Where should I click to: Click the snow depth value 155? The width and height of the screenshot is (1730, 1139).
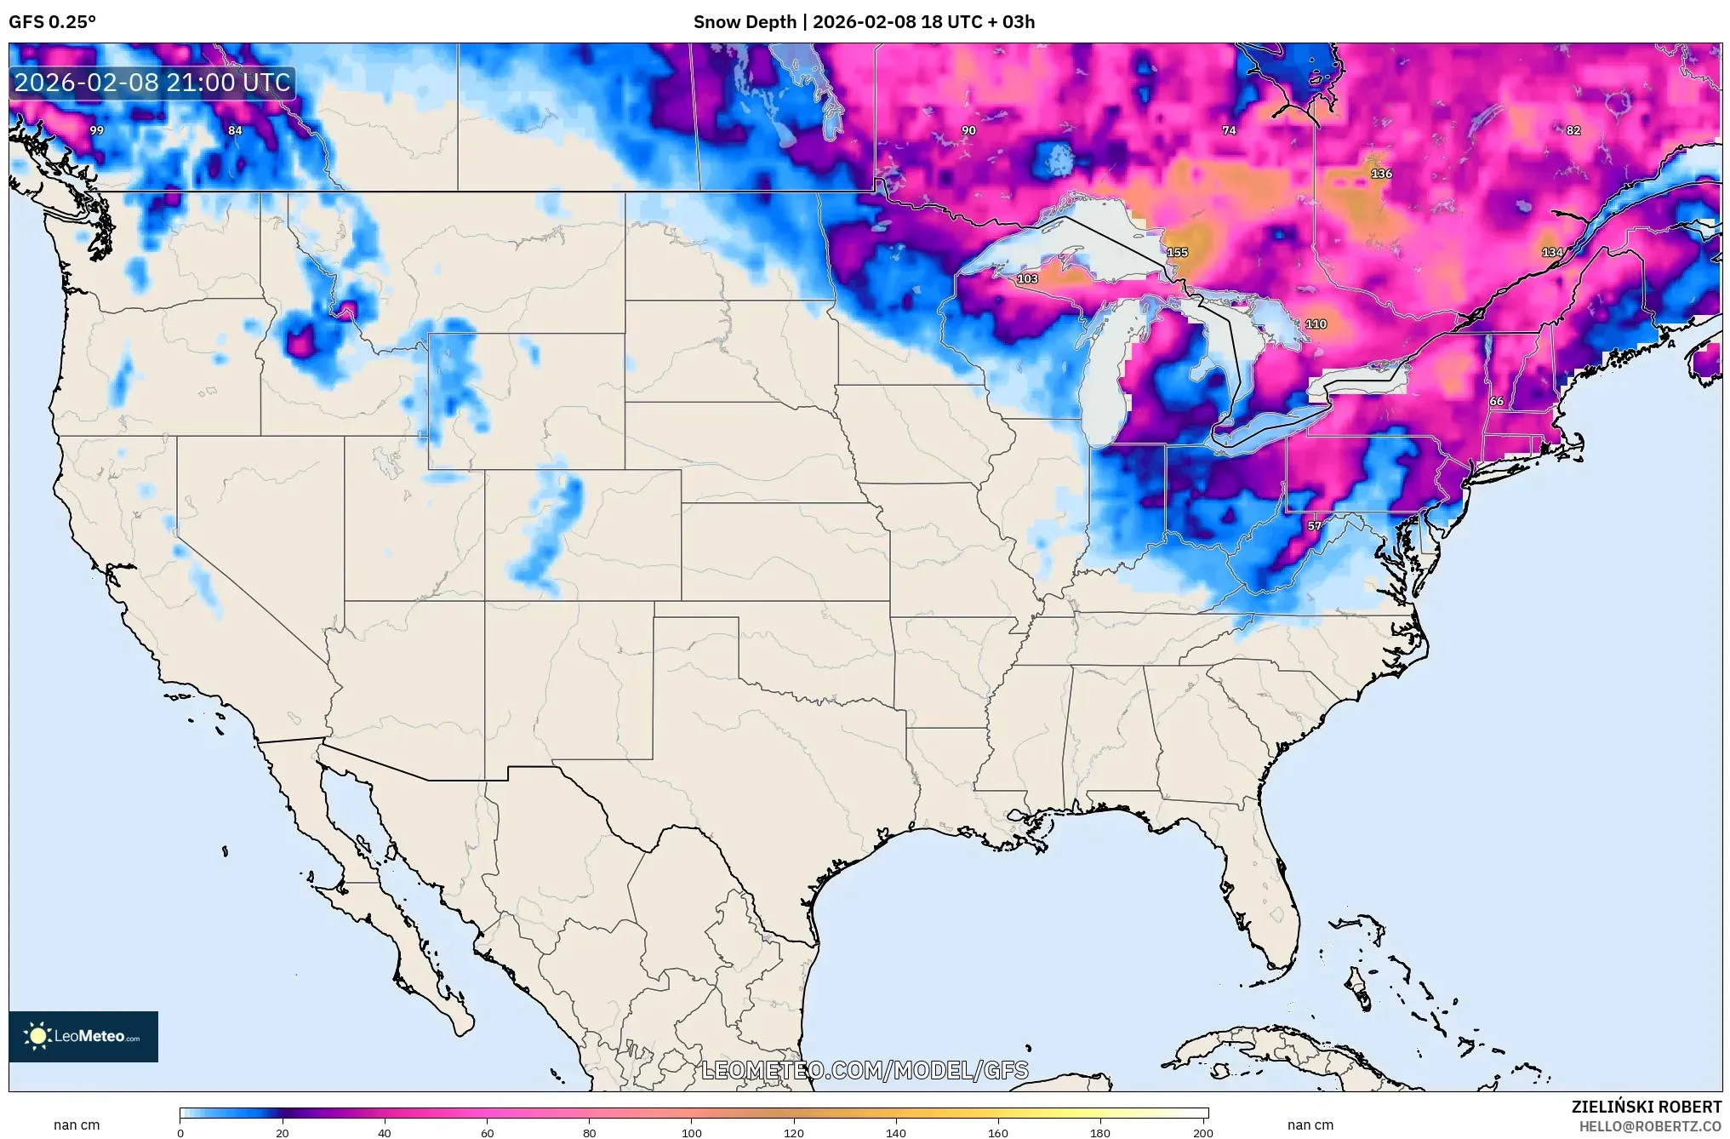pyautogui.click(x=1177, y=253)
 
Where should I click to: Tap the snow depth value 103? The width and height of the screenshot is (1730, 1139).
pyautogui.click(x=1027, y=279)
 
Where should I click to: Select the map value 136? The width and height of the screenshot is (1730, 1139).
pyautogui.click(x=1381, y=174)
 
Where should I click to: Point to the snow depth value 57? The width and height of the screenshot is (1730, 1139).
pyautogui.click(x=1315, y=526)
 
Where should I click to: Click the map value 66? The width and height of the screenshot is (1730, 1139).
pyautogui.click(x=1496, y=401)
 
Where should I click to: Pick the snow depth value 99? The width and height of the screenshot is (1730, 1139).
pyautogui.click(x=97, y=130)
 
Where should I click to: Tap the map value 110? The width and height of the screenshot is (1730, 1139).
pyautogui.click(x=1316, y=324)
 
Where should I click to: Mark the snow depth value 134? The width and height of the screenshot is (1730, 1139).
pyautogui.click(x=1552, y=253)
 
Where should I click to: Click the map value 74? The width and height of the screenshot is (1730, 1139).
pyautogui.click(x=1229, y=130)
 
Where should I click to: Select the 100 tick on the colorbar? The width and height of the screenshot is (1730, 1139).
pyautogui.click(x=692, y=1132)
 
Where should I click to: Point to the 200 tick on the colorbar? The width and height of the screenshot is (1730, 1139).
pyautogui.click(x=1202, y=1132)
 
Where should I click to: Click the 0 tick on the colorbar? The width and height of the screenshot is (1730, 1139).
pyautogui.click(x=180, y=1132)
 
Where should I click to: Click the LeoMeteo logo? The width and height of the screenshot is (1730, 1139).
pyautogui.click(x=83, y=1036)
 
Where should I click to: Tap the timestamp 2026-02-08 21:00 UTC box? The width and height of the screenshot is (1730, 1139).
pyautogui.click(x=152, y=83)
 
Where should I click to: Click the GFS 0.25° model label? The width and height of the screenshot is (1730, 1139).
pyautogui.click(x=52, y=22)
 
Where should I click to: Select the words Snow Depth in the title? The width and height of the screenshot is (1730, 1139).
pyautogui.click(x=745, y=22)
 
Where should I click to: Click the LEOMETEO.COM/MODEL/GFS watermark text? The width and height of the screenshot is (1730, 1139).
pyautogui.click(x=865, y=1070)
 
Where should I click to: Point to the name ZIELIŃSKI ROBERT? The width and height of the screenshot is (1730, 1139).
pyautogui.click(x=1646, y=1107)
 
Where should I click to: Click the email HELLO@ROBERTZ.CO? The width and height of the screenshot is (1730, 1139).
pyautogui.click(x=1650, y=1126)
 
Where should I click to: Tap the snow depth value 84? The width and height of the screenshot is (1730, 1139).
pyautogui.click(x=235, y=130)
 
